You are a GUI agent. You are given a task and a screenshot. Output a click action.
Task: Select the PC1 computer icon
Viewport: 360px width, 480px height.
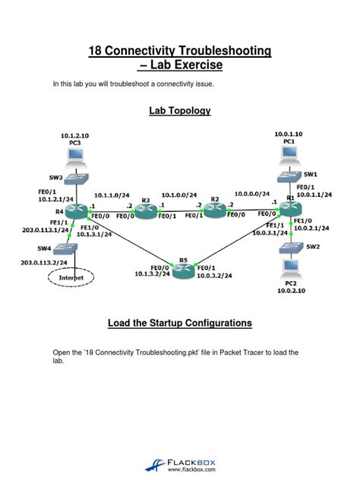tap(288, 153)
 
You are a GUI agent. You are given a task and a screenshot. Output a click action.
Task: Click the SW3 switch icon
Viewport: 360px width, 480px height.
tap(75, 179)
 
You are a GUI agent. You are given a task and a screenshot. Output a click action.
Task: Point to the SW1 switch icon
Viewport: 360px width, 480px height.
tap(289, 176)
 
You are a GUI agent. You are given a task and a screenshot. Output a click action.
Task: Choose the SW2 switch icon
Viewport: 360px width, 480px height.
tap(289, 247)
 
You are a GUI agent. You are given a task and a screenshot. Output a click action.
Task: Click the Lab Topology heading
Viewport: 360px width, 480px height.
tap(179, 111)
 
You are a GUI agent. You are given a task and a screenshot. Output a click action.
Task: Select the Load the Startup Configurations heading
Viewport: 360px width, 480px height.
tap(179, 323)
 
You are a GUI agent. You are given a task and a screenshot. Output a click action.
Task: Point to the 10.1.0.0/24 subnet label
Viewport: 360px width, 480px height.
tap(179, 194)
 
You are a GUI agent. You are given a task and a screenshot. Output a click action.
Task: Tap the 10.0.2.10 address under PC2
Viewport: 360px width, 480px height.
tap(289, 291)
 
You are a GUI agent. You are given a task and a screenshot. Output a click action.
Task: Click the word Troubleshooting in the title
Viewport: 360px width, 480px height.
tap(221, 51)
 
